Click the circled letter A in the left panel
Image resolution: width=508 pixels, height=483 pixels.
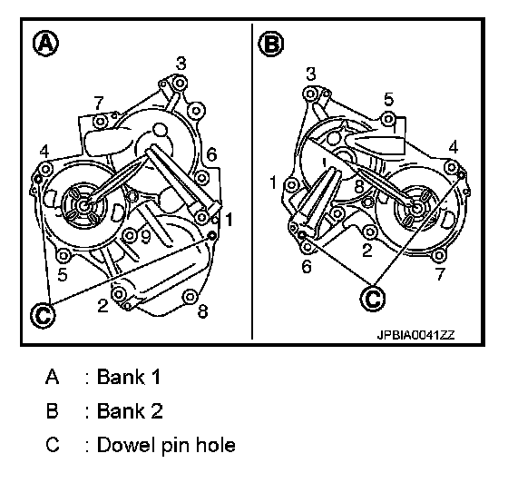46,43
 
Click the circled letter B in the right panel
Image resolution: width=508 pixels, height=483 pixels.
271,43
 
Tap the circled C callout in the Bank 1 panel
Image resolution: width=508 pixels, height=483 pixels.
43,315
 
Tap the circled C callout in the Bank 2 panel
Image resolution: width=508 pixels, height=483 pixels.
373,298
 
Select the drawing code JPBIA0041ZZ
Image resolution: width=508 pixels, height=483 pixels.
416,335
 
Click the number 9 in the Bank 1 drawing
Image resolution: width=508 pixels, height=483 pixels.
146,237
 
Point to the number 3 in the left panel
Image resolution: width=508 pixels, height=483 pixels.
181,64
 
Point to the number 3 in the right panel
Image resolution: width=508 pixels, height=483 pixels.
310,74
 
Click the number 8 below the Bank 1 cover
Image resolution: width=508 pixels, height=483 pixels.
202,311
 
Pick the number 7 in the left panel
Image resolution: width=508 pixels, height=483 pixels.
99,103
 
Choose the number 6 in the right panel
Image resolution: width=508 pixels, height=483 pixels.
307,267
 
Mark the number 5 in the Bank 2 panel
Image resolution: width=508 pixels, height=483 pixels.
389,99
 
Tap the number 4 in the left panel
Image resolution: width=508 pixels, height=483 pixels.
44,151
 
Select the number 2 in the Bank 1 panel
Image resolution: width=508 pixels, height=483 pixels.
103,305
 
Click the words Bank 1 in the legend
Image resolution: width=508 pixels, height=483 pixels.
129,377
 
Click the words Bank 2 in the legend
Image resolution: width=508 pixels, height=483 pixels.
130,410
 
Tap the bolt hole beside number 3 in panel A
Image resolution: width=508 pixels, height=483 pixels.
180,84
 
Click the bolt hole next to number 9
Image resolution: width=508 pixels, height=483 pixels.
129,235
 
